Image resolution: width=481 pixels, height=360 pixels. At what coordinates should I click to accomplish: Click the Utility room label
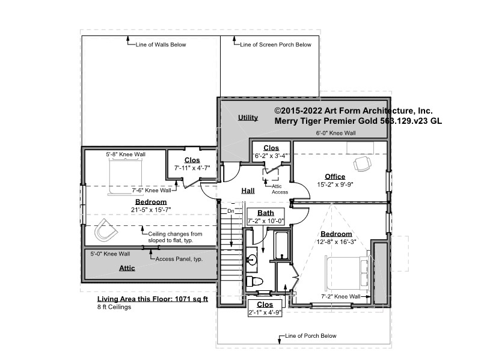[x=248, y=117]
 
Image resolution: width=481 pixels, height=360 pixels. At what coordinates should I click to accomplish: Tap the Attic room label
[x=127, y=268]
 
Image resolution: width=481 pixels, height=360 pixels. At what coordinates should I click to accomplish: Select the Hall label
[x=248, y=191]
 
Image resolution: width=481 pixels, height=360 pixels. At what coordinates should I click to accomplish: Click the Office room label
[x=335, y=177]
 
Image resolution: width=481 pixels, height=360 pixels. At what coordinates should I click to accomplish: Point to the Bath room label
[x=266, y=213]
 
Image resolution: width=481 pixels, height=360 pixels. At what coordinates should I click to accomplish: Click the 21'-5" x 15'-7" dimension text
[x=151, y=210]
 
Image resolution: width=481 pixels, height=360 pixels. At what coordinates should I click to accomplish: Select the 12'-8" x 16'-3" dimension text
[x=336, y=242]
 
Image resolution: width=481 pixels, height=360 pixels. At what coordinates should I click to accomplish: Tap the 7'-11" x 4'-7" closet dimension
[x=192, y=168]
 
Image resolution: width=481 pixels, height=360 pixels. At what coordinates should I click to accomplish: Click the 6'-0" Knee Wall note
[x=336, y=133]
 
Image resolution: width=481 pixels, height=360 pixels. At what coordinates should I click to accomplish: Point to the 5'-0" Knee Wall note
[x=110, y=254]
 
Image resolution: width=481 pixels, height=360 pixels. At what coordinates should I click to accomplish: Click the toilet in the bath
[x=254, y=281]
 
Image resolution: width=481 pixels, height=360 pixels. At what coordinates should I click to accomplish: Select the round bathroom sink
[x=252, y=260]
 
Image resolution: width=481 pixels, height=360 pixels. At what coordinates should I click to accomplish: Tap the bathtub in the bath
[x=281, y=246]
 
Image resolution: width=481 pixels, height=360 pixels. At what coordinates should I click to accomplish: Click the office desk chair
[x=362, y=163]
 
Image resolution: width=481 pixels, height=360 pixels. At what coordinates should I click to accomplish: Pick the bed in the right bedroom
[x=348, y=273]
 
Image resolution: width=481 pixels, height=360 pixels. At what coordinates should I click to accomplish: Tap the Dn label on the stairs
[x=231, y=211]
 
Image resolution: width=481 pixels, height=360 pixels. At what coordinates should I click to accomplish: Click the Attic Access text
[x=280, y=189]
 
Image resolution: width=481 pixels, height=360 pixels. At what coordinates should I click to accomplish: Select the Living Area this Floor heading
[x=153, y=299]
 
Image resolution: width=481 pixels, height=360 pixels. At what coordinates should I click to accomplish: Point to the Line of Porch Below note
[x=310, y=336]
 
